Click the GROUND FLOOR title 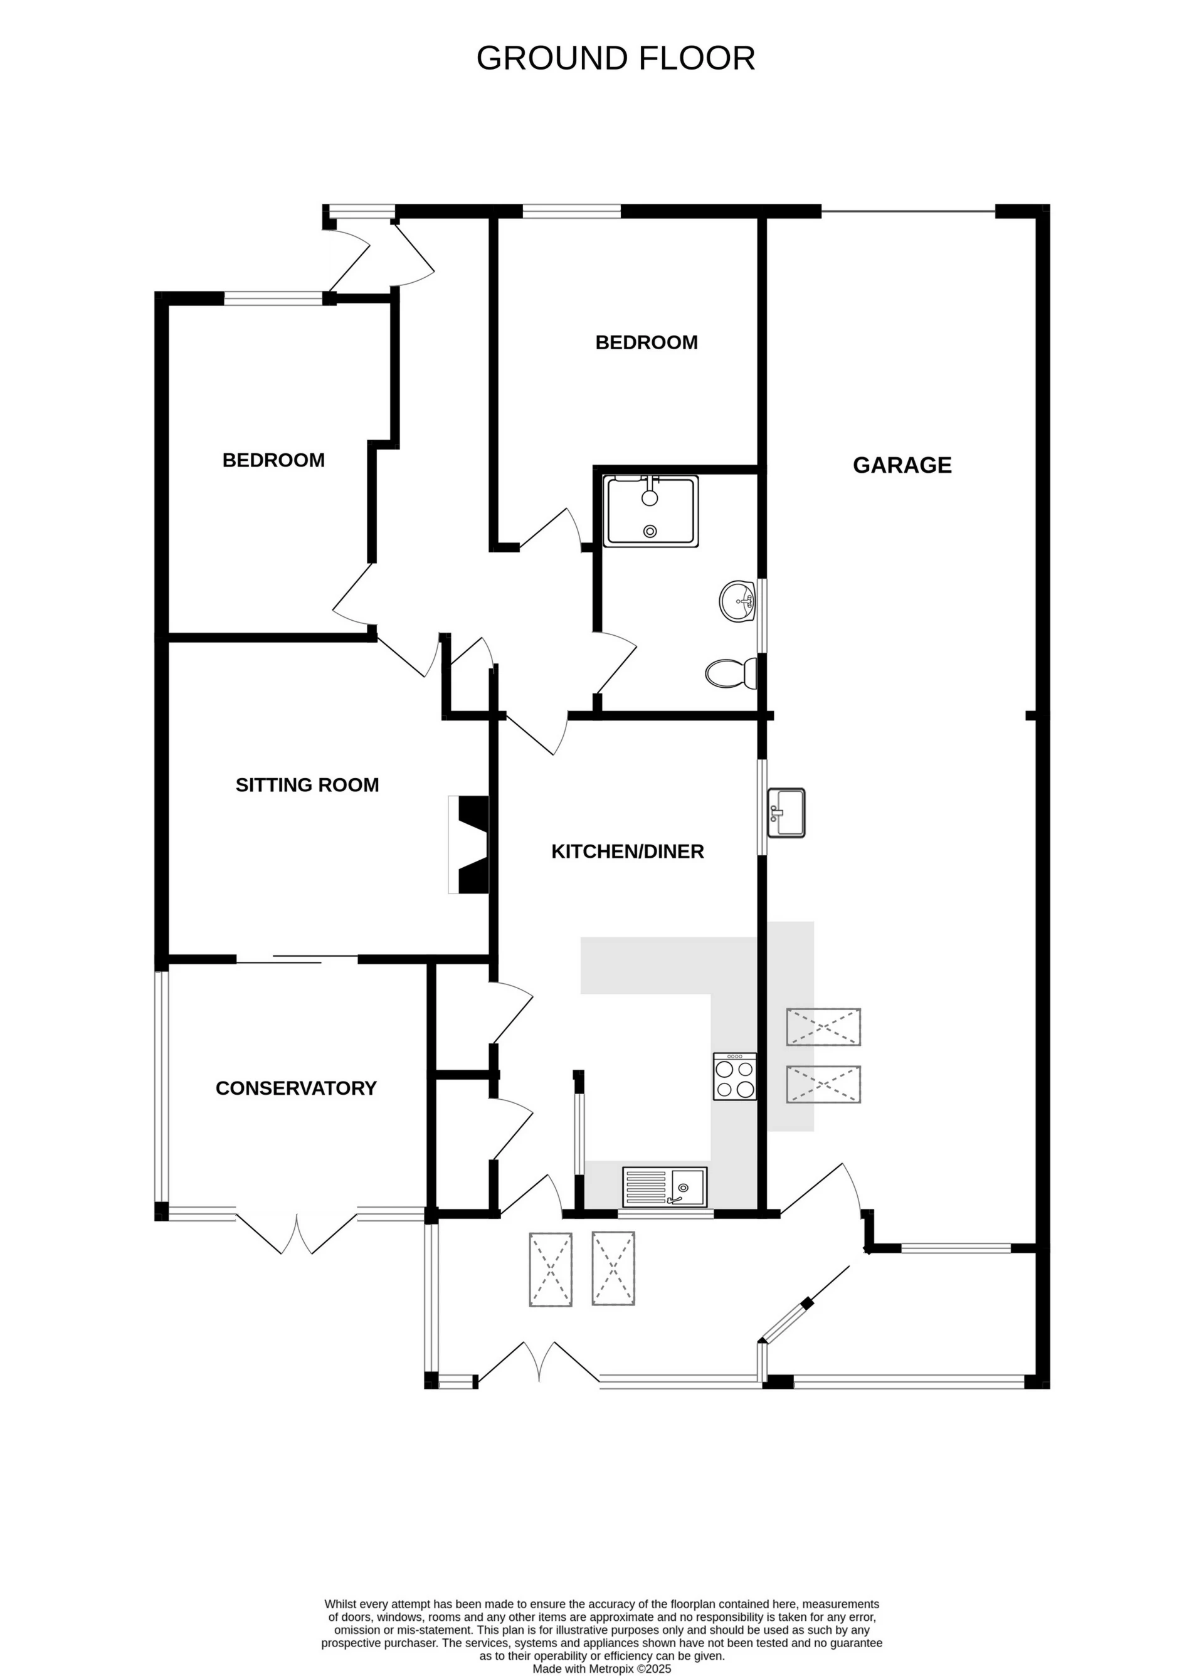click(x=615, y=58)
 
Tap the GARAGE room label click(x=902, y=465)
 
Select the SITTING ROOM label click(x=307, y=785)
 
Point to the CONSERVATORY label click(x=295, y=1088)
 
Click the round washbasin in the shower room click(x=737, y=600)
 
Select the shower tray click(x=650, y=512)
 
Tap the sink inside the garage click(x=786, y=813)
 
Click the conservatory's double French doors click(x=297, y=1233)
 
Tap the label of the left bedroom click(x=273, y=460)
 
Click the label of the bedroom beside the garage click(x=646, y=342)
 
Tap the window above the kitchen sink click(x=666, y=1213)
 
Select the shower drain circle click(x=650, y=530)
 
